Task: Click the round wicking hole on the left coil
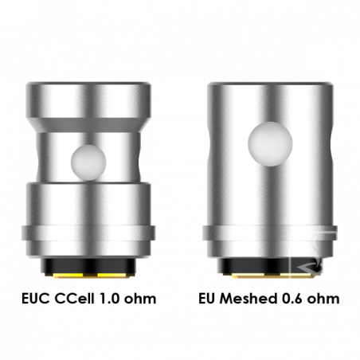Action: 88,162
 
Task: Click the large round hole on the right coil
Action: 270,144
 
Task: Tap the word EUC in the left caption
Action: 36,299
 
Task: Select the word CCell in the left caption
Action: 75,299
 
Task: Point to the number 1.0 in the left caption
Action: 109,299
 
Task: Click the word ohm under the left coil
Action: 140,299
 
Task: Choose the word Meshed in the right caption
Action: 248,299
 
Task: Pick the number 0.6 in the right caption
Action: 292,299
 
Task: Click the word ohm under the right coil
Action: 323,299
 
